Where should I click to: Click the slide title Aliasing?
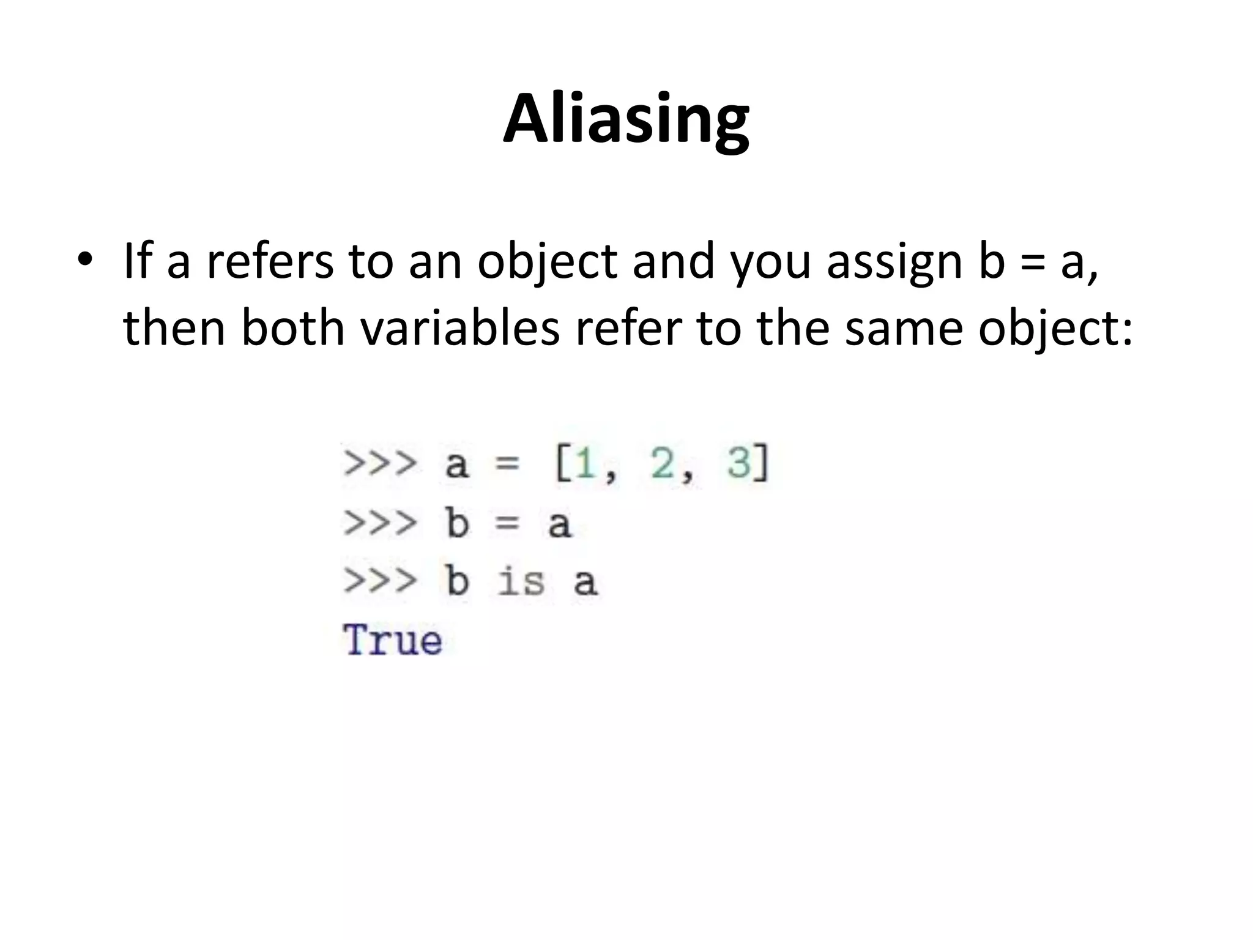pyautogui.click(x=626, y=120)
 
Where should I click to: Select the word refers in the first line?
pyautogui.click(x=269, y=261)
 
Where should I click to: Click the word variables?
pyautogui.click(x=460, y=327)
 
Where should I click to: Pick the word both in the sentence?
pyautogui.click(x=294, y=327)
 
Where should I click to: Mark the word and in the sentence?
pyautogui.click(x=673, y=261)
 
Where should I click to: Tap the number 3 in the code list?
pyautogui.click(x=738, y=463)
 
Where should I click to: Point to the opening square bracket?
pyautogui.click(x=562, y=463)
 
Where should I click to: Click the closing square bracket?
pyautogui.click(x=761, y=463)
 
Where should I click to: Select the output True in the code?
pyautogui.click(x=393, y=640)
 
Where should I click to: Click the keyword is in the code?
pyautogui.click(x=521, y=581)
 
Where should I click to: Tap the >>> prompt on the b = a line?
pyautogui.click(x=380, y=523)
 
